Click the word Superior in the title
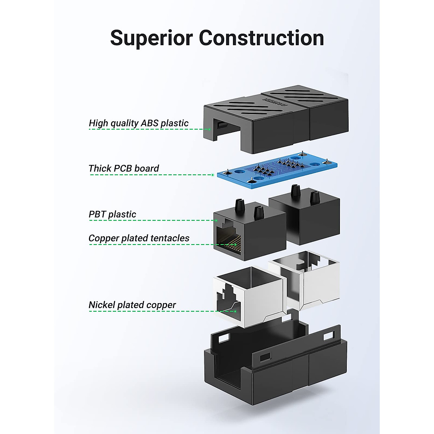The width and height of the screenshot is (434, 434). [151, 38]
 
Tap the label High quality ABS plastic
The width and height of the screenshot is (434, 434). [139, 123]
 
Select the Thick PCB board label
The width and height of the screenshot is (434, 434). [124, 169]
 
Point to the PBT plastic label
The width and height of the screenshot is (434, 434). [112, 214]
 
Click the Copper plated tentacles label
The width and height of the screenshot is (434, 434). [139, 238]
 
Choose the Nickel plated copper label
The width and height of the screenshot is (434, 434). [132, 305]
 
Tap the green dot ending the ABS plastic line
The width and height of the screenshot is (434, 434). [209, 129]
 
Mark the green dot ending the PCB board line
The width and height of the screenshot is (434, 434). [213, 175]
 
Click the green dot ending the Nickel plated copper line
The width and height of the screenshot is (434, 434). [235, 311]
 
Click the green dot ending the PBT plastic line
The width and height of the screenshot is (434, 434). [216, 220]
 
